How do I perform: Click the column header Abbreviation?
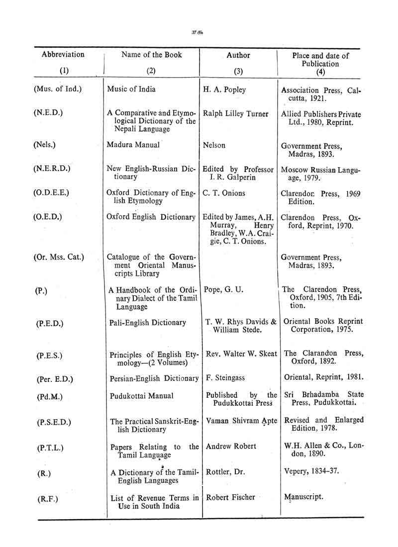[x=63, y=54]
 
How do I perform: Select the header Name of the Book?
[x=152, y=55]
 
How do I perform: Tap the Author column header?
[x=238, y=55]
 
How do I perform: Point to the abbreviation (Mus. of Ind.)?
[x=58, y=90]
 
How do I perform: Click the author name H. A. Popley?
[x=224, y=90]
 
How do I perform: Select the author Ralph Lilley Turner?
[x=236, y=113]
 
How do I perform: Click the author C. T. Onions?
[x=224, y=193]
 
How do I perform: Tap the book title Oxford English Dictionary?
[x=151, y=217]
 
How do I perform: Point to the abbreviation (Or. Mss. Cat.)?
[x=59, y=257]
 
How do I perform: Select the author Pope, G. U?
[x=223, y=289]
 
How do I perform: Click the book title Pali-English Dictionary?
[x=148, y=323]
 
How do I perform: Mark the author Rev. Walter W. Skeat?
[x=241, y=354]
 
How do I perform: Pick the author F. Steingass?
[x=225, y=378]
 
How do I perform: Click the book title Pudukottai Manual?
[x=141, y=396]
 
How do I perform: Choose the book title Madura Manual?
[x=133, y=145]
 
